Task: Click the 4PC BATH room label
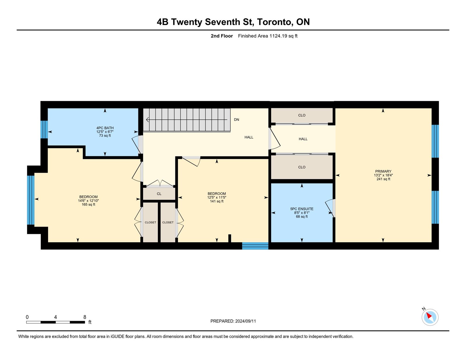(x=105, y=128)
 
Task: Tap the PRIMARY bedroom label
(x=383, y=171)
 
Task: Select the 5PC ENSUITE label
(x=302, y=209)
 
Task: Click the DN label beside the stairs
(x=236, y=120)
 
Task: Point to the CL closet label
(x=159, y=194)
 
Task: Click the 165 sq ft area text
(x=88, y=204)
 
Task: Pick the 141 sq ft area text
(x=217, y=201)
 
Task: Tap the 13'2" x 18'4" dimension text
(x=383, y=175)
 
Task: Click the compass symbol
(x=430, y=317)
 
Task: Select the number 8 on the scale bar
(x=85, y=317)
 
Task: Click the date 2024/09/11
(x=246, y=321)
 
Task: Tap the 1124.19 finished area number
(x=278, y=36)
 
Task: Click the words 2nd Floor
(x=222, y=36)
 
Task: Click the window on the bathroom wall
(x=44, y=130)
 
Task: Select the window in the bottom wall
(x=255, y=246)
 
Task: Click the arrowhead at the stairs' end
(x=148, y=120)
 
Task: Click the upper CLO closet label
(x=302, y=115)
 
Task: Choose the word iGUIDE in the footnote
(x=117, y=337)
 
